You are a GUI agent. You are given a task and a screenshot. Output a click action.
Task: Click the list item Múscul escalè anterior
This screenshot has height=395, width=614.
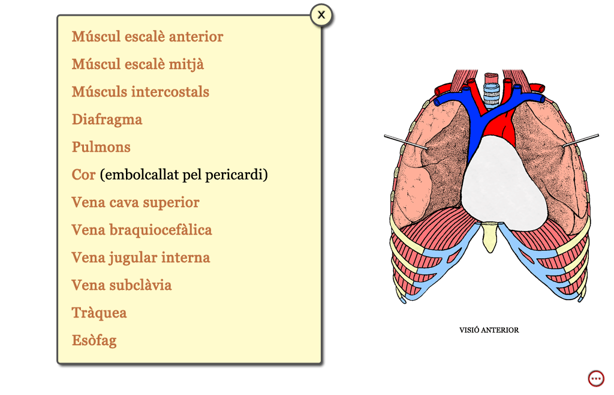click(148, 37)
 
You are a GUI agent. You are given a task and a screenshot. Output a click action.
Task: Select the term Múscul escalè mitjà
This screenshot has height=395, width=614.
click(137, 64)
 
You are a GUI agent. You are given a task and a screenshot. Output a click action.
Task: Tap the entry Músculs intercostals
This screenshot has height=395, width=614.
click(140, 92)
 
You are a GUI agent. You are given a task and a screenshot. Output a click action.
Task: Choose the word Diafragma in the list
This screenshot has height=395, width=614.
click(107, 119)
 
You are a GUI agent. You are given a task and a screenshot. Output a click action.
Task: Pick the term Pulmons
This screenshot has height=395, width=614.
click(101, 147)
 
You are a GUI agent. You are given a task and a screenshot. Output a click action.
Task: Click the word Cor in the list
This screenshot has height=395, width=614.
click(83, 175)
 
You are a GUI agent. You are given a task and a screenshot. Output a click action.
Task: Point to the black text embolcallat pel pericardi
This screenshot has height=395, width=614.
click(183, 175)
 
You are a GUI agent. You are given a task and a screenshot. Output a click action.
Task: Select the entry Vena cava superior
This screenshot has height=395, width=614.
click(135, 202)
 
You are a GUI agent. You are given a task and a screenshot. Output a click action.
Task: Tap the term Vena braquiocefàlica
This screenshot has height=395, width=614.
click(142, 230)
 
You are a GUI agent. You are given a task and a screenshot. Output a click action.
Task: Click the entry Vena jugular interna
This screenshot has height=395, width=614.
click(140, 258)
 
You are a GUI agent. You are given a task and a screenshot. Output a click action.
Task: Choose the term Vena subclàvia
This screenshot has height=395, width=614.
click(121, 285)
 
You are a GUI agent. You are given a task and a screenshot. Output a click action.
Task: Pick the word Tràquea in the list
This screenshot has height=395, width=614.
click(99, 313)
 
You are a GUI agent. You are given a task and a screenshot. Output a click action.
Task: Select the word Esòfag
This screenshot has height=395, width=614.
click(94, 340)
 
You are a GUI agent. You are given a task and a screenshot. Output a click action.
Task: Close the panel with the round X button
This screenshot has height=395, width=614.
click(321, 15)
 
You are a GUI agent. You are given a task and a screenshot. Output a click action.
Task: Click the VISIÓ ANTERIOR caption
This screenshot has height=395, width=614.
click(489, 330)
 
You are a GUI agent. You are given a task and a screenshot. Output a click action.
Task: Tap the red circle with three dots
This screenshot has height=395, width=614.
click(597, 379)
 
